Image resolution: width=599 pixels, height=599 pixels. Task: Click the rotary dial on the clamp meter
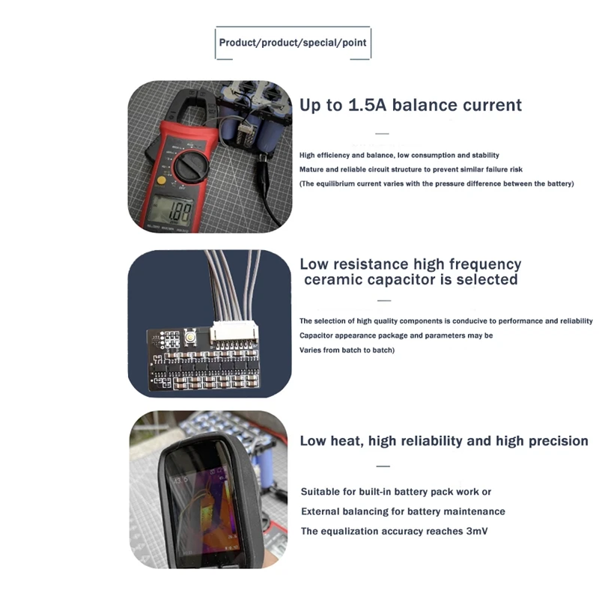[192, 166]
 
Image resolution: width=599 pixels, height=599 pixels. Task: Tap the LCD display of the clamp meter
[171, 210]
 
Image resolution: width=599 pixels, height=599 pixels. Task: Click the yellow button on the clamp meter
[162, 180]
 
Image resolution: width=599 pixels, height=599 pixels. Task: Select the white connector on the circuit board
[234, 330]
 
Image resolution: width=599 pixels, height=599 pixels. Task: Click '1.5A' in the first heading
[367, 105]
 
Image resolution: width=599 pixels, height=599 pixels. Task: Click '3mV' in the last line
[477, 531]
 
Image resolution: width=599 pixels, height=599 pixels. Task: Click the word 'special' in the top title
[320, 43]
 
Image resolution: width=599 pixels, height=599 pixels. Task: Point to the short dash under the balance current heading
[382, 134]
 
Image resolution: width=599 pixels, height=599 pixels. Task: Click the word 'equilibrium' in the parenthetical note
[332, 183]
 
